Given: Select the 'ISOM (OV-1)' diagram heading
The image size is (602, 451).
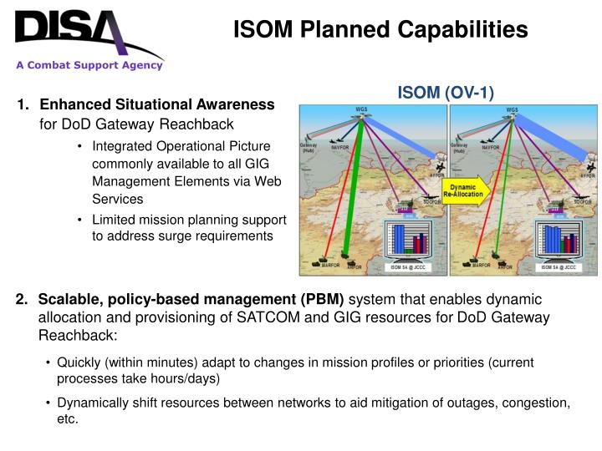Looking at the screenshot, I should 445,92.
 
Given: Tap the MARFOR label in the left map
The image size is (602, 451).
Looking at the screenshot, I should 322,266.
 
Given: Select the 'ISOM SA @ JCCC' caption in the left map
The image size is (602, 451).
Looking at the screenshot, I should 406,267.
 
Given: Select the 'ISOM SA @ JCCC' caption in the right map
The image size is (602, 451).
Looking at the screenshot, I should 557,267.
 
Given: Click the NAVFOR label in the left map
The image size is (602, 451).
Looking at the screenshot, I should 339,148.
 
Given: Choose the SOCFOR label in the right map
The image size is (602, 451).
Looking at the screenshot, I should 583,202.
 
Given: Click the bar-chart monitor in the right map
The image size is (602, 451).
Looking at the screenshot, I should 557,238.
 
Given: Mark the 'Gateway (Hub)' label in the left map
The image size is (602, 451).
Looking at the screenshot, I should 308,149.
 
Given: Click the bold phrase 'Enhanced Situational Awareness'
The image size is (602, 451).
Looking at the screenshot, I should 157,104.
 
